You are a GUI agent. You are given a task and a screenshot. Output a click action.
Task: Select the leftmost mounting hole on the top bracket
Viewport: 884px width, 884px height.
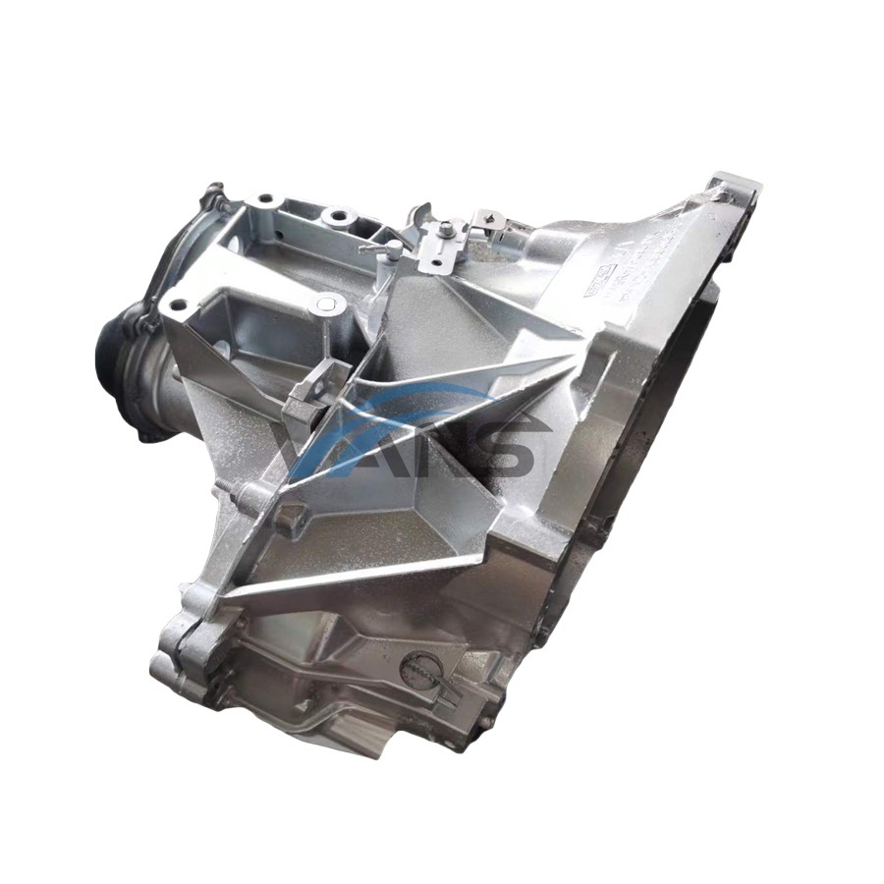178,304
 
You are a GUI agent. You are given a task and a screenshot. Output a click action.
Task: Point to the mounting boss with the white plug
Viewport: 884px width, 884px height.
327,306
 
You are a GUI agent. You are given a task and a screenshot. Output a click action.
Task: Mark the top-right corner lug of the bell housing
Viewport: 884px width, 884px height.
735,187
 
